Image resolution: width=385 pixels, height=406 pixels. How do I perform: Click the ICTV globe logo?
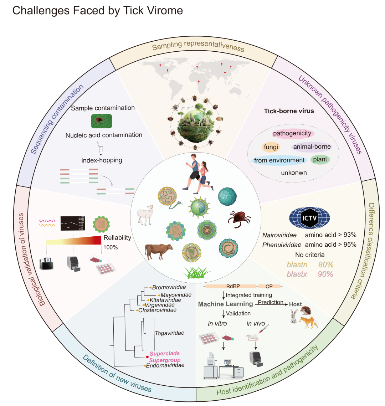(x=309, y=217)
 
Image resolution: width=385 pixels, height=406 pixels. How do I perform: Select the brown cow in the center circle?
(x=159, y=252)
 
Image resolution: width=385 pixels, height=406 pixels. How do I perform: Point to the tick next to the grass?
(x=239, y=219)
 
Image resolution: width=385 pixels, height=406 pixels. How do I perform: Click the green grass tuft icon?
(x=197, y=273)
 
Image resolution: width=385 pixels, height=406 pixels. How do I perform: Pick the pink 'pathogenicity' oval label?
(x=292, y=134)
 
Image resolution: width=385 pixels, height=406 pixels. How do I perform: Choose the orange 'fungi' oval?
(x=271, y=147)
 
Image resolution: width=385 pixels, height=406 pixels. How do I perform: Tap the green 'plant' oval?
(x=320, y=159)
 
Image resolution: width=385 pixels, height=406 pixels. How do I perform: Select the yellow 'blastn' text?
(x=296, y=265)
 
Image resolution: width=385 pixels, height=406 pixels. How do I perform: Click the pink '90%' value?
(x=325, y=274)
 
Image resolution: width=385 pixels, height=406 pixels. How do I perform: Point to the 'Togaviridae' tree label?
(x=169, y=333)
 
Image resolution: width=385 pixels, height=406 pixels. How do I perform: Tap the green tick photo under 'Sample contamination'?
(x=102, y=121)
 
